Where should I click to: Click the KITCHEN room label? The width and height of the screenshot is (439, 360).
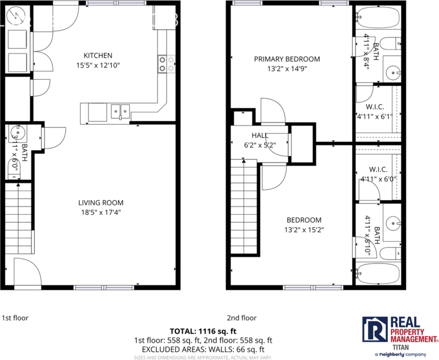point(98,56)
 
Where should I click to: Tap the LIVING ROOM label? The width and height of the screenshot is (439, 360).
point(101,203)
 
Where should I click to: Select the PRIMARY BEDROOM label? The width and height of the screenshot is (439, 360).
point(286,59)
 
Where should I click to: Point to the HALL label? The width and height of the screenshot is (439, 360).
point(260,136)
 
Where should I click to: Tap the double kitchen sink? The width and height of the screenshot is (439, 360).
point(120,110)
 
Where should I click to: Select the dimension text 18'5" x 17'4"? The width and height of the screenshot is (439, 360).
point(101,213)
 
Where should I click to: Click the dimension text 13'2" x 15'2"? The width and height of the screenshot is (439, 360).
point(304,229)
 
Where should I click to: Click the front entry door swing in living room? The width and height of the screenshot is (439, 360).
point(26,273)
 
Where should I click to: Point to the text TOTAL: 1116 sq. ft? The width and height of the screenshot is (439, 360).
point(219,331)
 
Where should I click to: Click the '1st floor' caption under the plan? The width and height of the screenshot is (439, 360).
point(15,318)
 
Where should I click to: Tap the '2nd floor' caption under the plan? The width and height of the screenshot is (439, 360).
point(241,318)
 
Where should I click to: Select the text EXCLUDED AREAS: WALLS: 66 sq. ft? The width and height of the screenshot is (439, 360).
point(219,349)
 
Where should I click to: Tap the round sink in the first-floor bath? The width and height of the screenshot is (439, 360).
point(15,136)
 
